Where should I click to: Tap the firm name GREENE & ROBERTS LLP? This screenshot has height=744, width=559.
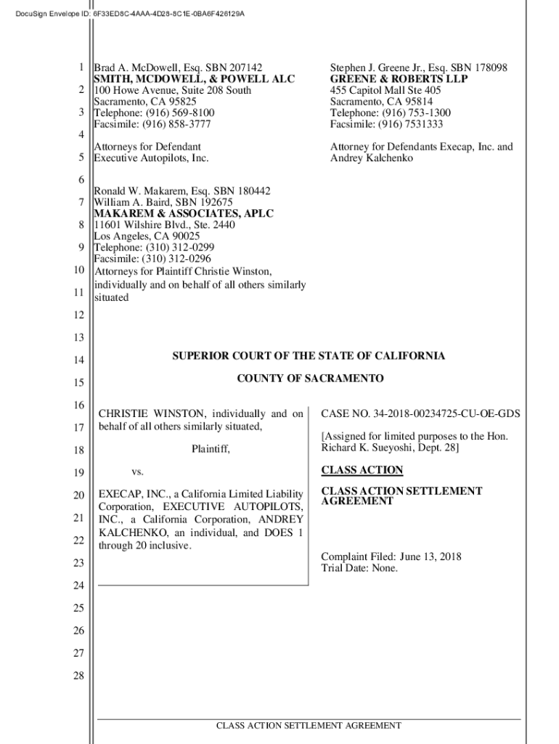399,79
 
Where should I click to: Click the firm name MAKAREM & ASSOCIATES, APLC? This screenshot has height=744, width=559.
184,214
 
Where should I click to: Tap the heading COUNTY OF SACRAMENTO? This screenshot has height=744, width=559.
310,379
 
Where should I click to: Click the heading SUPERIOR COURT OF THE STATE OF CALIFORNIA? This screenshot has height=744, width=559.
309,356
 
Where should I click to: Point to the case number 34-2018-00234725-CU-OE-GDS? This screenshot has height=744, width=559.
447,415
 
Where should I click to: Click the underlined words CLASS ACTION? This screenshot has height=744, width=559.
362,470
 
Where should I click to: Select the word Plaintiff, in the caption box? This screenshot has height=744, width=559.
210,450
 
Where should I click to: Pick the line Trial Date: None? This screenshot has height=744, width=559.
359,568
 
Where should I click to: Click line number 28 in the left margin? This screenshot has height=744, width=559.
78,676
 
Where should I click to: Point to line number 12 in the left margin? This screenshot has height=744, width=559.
78,315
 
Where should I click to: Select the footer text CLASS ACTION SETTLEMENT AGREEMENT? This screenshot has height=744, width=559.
309,726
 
